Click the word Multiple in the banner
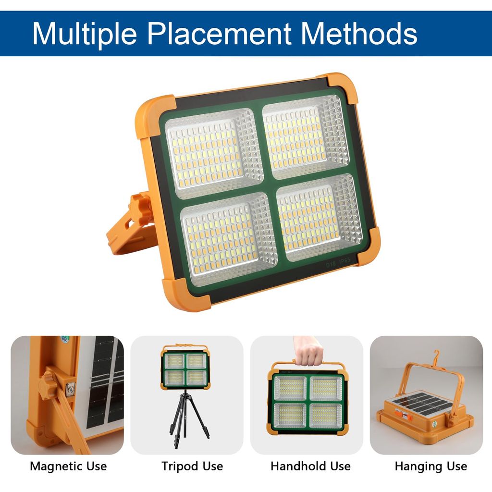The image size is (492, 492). pyautogui.click(x=85, y=35)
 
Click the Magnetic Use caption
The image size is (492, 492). pyautogui.click(x=68, y=467)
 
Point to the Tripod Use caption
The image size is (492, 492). pyautogui.click(x=192, y=467)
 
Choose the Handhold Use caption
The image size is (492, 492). pyautogui.click(x=311, y=466)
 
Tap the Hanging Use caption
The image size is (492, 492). pyautogui.click(x=431, y=467)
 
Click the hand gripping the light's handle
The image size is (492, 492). pyautogui.click(x=308, y=351)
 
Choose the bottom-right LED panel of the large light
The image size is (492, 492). pyautogui.click(x=320, y=218)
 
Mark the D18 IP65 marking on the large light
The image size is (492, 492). pyautogui.click(x=338, y=262)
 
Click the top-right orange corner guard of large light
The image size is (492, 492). pyautogui.click(x=342, y=87)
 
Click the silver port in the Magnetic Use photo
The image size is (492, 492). pyautogui.click(x=71, y=390)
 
